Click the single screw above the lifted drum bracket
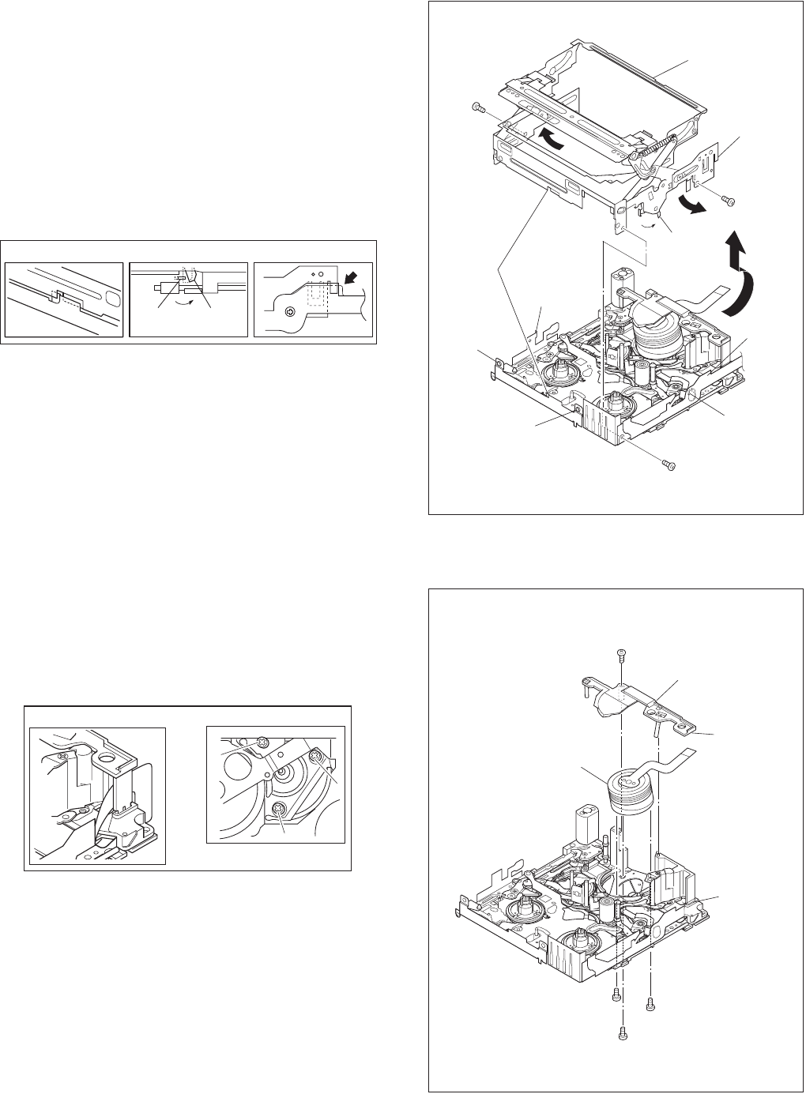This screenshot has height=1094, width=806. coord(620,652)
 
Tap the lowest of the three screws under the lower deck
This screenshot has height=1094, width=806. coord(623,1032)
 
